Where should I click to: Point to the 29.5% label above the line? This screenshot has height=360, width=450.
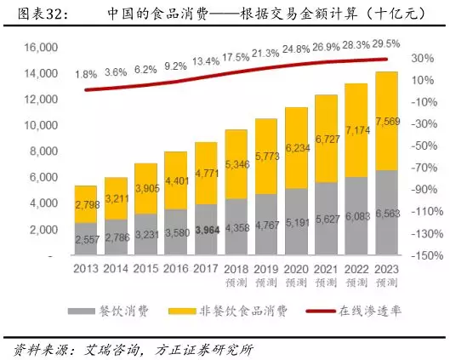[386, 43]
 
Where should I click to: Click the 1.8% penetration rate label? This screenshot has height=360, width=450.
[86, 74]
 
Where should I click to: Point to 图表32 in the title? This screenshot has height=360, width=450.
[33, 14]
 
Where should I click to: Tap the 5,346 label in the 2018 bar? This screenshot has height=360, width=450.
[236, 165]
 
